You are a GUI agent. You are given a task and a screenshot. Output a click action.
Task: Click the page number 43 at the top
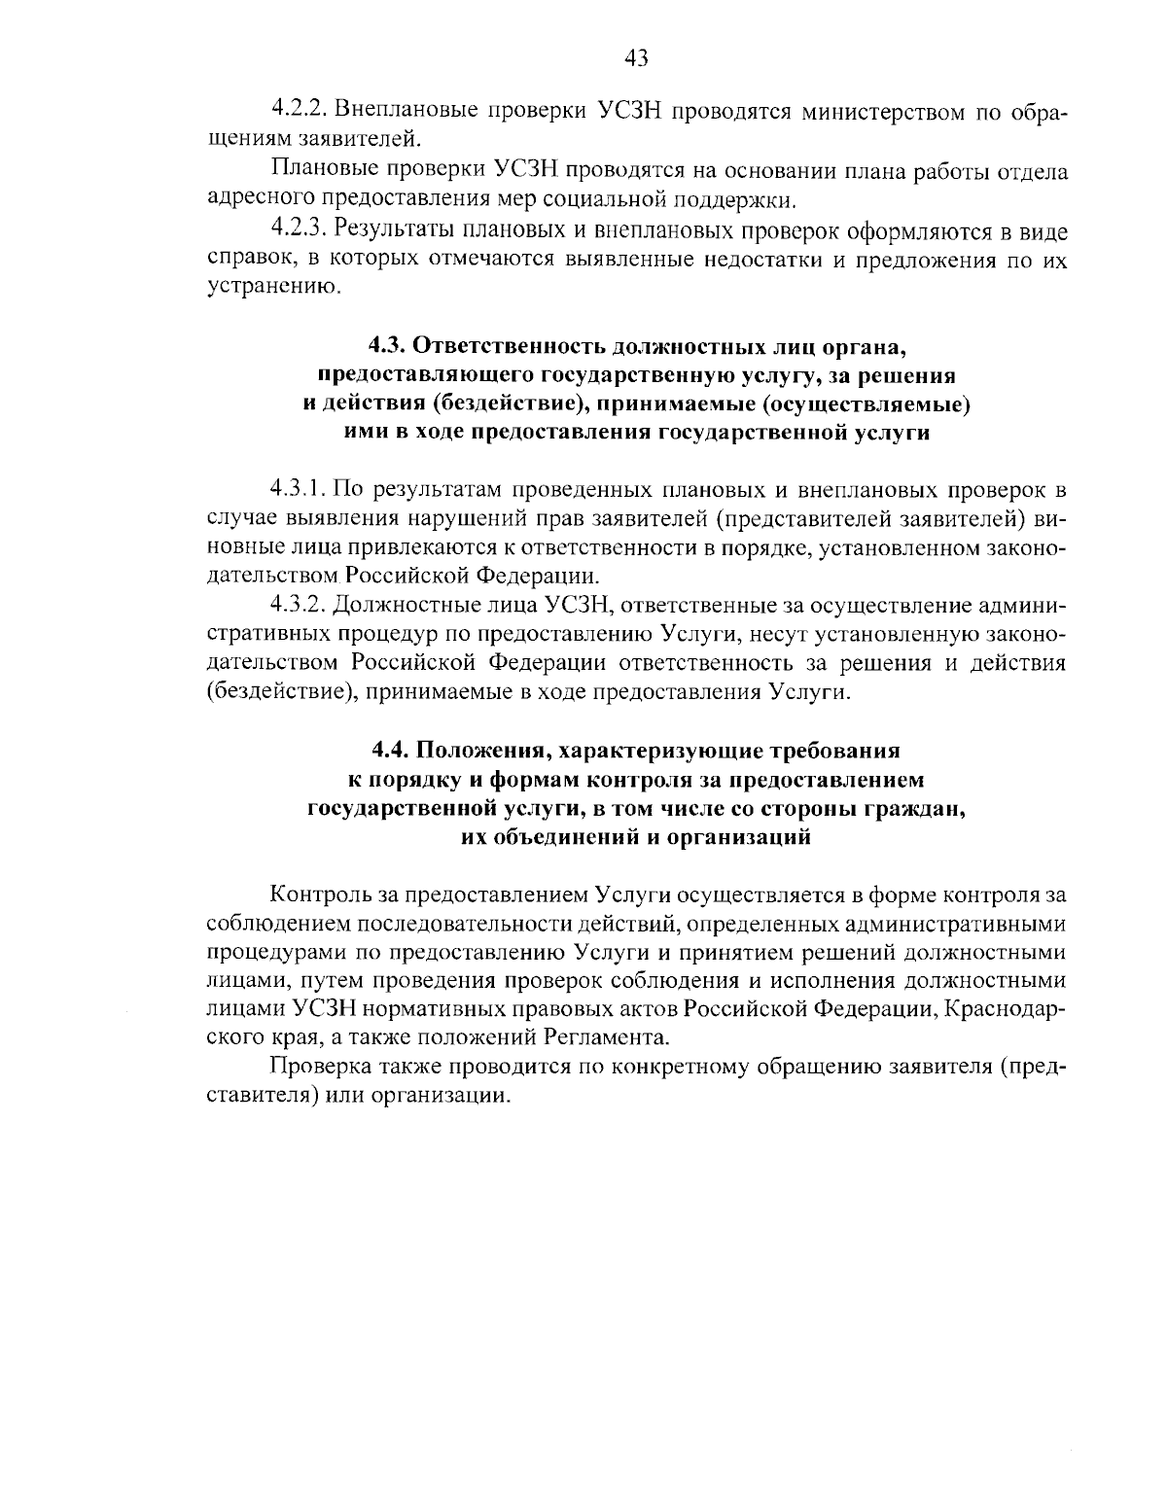point(636,59)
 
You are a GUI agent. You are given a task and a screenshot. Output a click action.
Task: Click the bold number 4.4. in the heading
point(392,751)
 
